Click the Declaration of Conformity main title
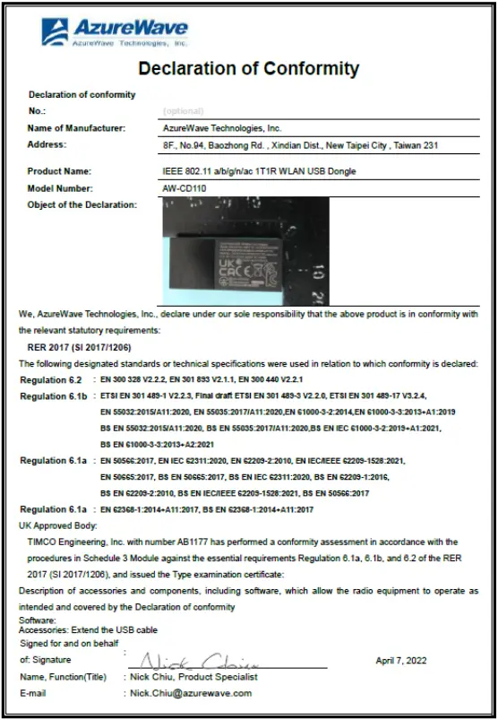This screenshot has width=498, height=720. click(248, 69)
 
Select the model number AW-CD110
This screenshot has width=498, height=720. click(184, 188)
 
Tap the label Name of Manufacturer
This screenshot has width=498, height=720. click(76, 128)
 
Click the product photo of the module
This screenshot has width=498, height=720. click(245, 253)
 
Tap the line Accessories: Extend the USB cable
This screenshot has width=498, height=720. click(88, 630)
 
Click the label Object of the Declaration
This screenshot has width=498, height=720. click(82, 205)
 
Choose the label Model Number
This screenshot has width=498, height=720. click(60, 188)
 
